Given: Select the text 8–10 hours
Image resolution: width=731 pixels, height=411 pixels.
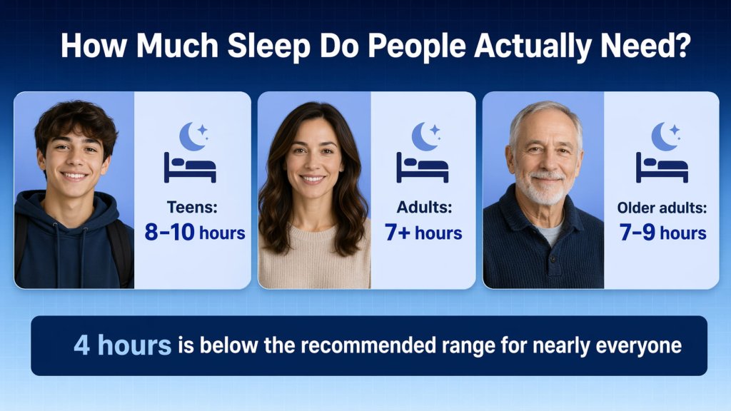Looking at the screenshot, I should pyautogui.click(x=194, y=232).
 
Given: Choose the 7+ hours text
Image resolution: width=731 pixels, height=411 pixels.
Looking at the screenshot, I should pyautogui.click(x=423, y=232).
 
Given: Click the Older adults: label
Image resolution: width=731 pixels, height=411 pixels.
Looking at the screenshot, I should pyautogui.click(x=662, y=209).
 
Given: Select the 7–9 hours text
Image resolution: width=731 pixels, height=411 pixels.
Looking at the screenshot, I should pyautogui.click(x=662, y=232).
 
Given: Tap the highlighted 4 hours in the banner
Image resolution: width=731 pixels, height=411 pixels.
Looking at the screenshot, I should pyautogui.click(x=122, y=345).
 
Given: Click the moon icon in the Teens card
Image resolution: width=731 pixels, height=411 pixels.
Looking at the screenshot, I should pyautogui.click(x=192, y=136).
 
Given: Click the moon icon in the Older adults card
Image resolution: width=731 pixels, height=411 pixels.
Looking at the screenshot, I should pyautogui.click(x=664, y=136).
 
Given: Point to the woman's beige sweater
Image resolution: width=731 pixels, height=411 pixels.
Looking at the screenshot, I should pyautogui.click(x=314, y=260).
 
